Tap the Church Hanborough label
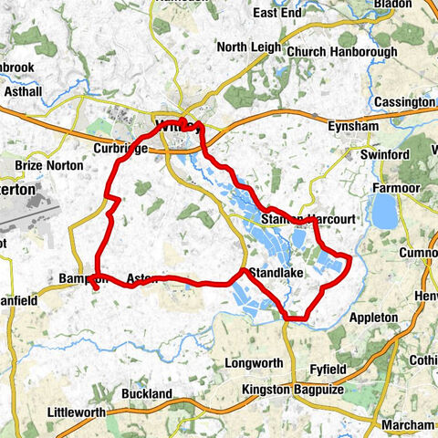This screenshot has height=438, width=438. click(342, 52)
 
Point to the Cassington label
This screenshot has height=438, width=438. click(403, 102)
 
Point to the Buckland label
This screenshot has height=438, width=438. click(146, 393)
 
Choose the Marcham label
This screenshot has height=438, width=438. click(408, 425)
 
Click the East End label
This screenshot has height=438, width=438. click(278, 13)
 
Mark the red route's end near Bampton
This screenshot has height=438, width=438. click(94, 289)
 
